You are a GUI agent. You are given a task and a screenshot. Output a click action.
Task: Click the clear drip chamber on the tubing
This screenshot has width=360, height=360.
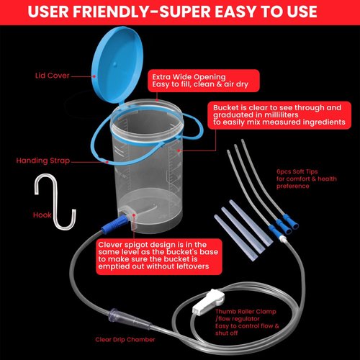(120, 315)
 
